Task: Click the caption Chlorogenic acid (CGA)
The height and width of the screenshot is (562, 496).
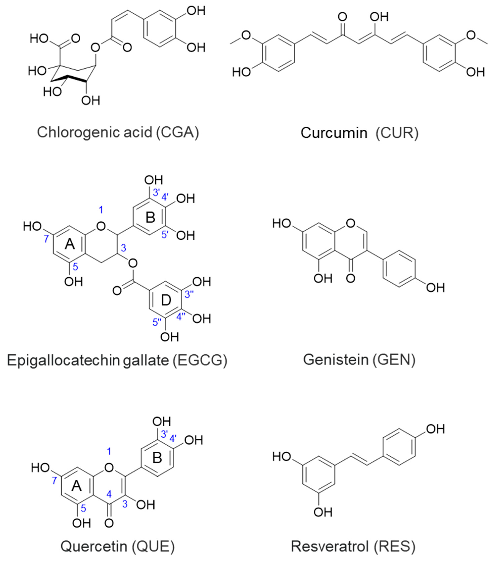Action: point(118,132)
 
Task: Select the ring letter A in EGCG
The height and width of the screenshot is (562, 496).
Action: point(70,244)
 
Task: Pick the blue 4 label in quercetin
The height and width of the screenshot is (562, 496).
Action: point(109,494)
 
